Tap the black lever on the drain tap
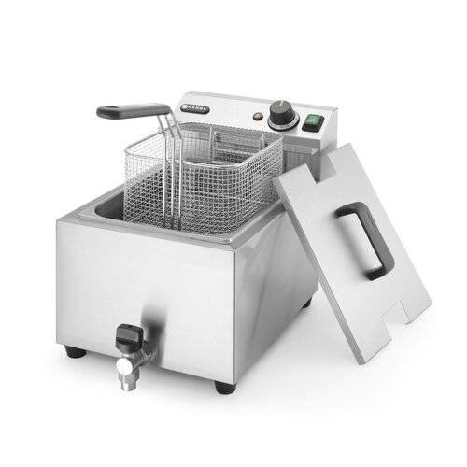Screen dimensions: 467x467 pos(128,333)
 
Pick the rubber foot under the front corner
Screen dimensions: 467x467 pos(221,386)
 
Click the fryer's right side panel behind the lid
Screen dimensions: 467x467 pos(285,280)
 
